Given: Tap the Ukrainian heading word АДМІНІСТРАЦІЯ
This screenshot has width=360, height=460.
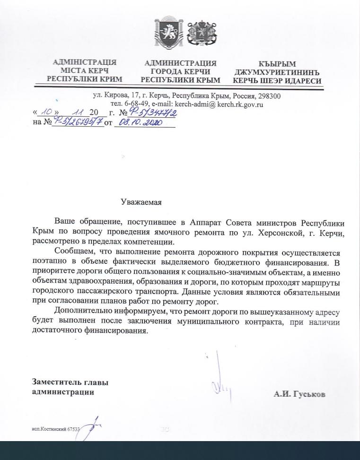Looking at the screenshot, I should pyautogui.click(x=85, y=62).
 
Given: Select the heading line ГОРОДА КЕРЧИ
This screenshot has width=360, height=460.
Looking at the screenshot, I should pyautogui.click(x=180, y=71).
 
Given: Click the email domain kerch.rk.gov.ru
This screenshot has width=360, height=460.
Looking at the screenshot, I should pyautogui.click(x=240, y=104).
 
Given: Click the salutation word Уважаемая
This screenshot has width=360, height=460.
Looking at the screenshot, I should pyautogui.click(x=141, y=202).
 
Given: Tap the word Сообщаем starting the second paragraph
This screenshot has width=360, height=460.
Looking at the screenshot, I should pyautogui.click(x=73, y=252).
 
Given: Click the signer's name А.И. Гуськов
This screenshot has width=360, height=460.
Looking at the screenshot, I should pyautogui.click(x=299, y=394).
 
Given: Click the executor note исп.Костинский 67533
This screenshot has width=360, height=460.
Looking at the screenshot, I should pyautogui.click(x=53, y=429).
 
